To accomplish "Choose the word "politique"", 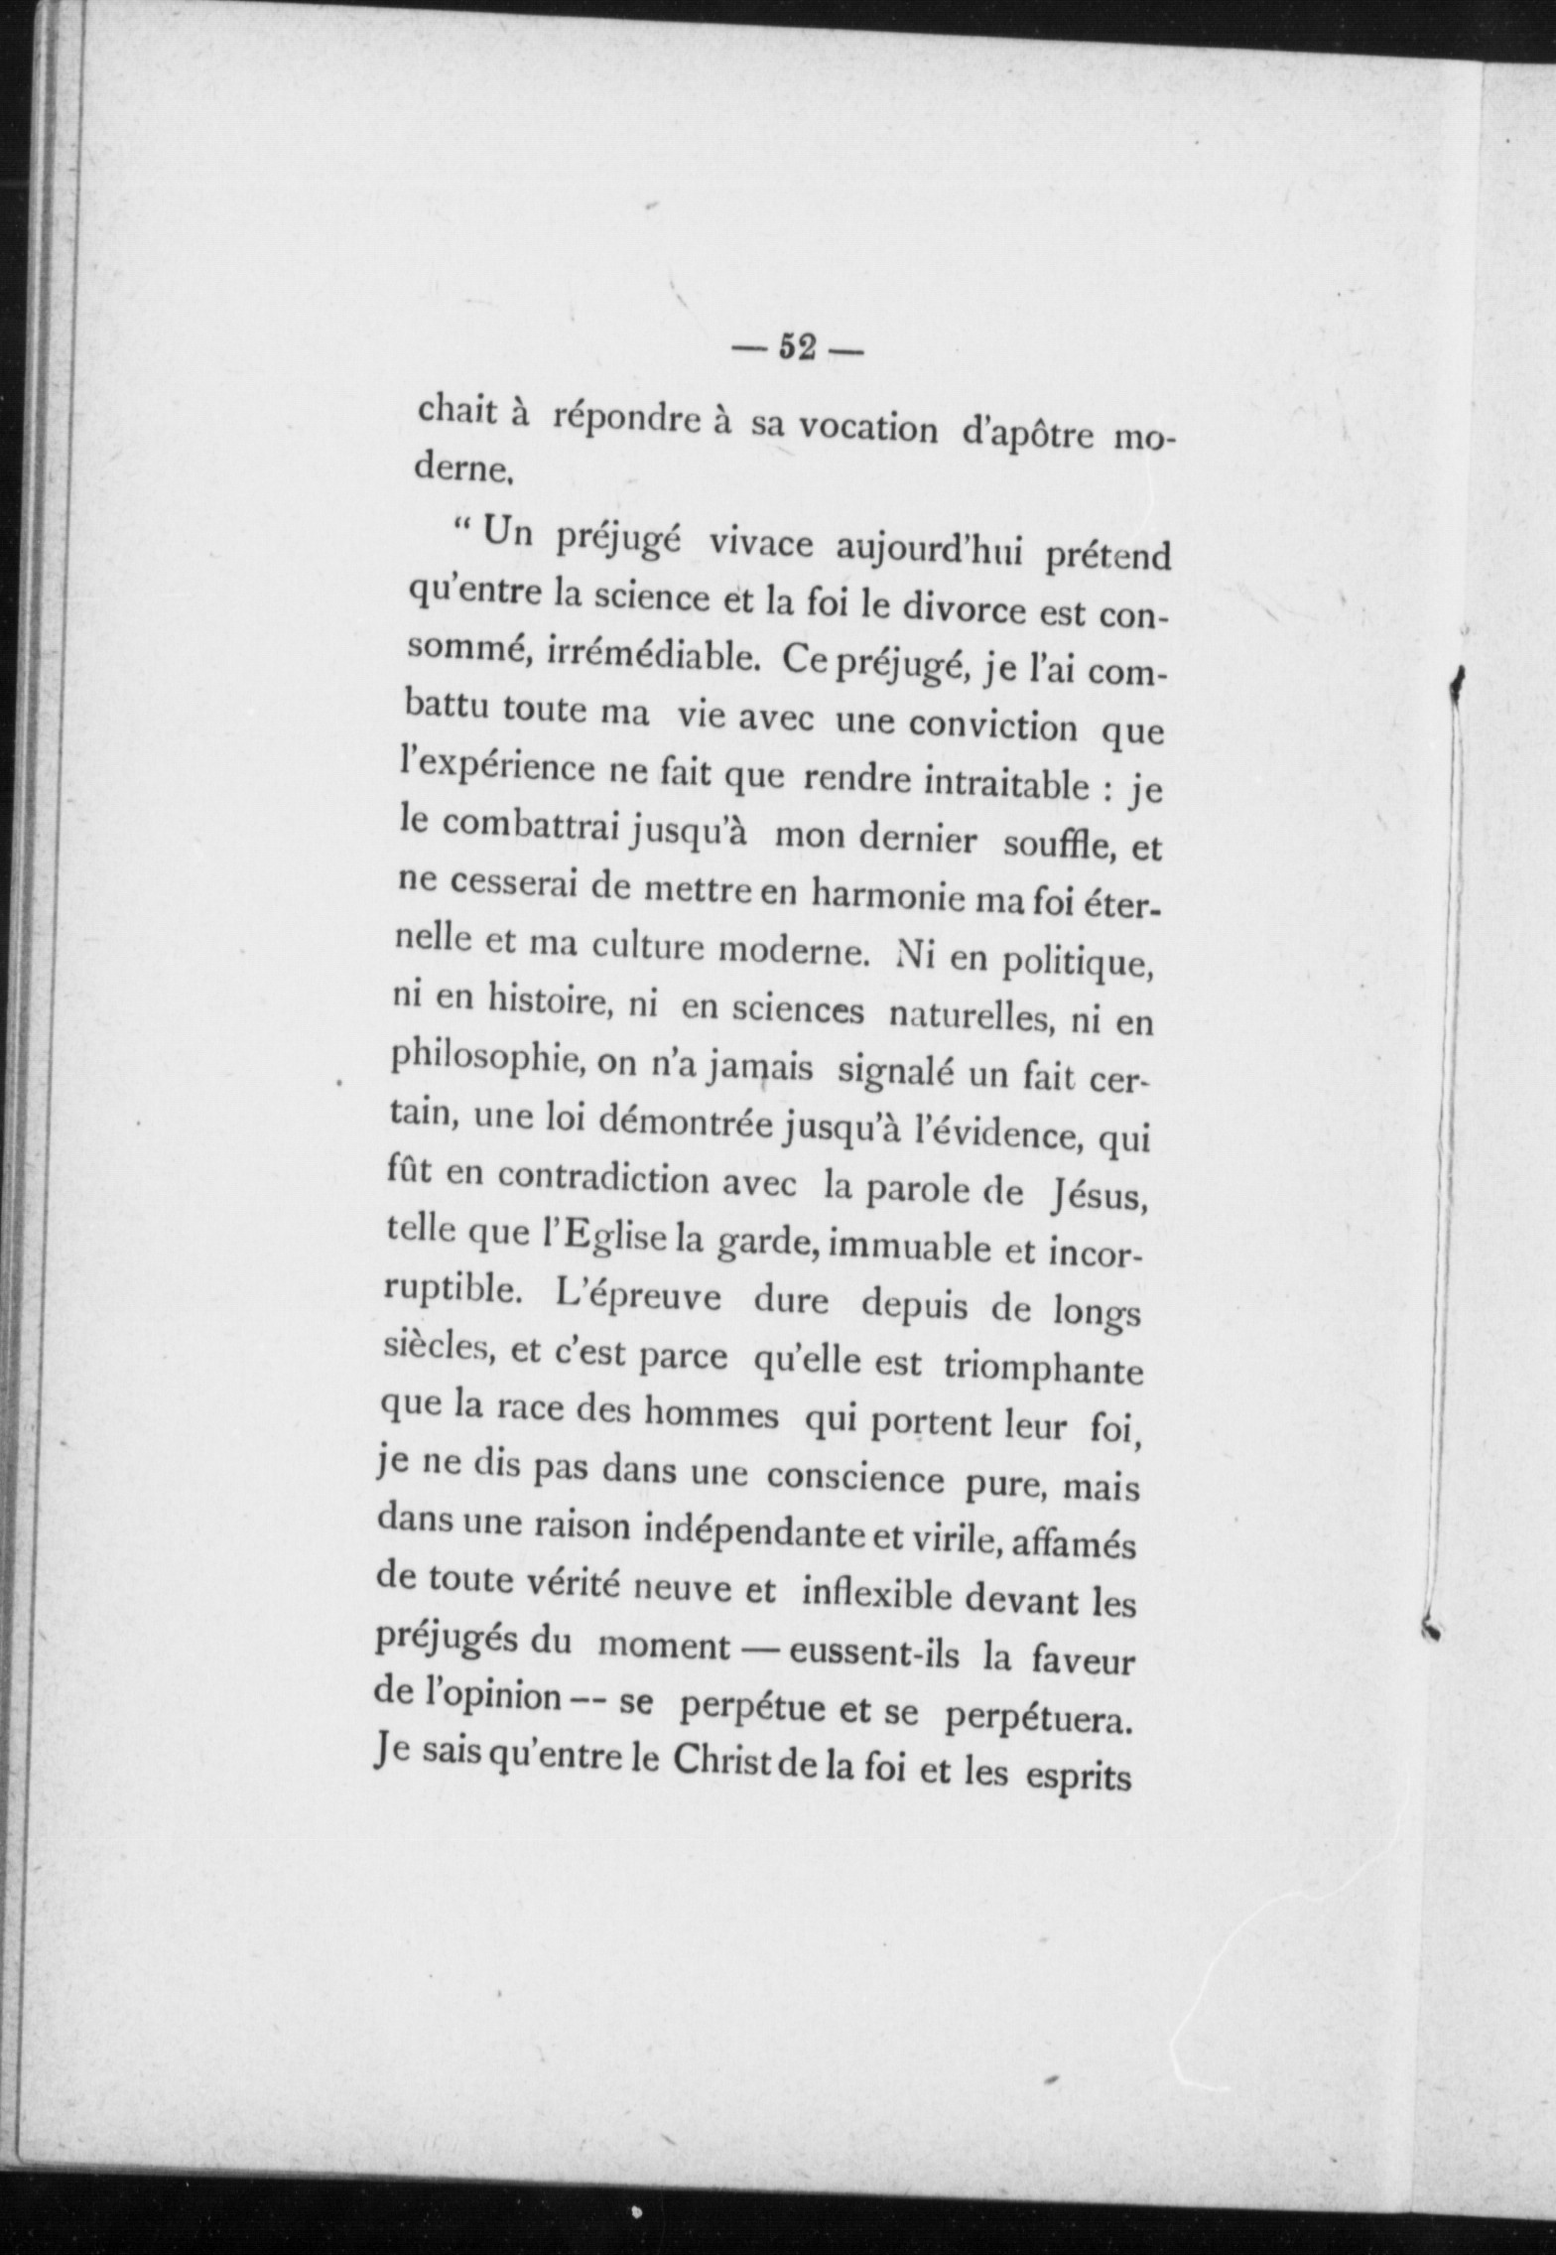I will click(x=1073, y=963).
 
